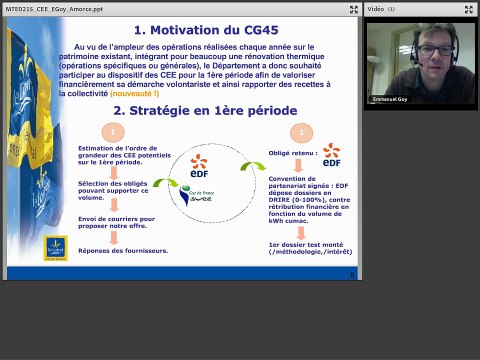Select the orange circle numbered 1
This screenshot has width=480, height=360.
pyautogui.click(x=115, y=133)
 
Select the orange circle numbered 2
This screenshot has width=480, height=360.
pyautogui.click(x=299, y=133)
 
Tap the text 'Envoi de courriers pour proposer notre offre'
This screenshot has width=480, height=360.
pyautogui.click(x=115, y=222)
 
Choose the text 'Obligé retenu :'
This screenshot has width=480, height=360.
pyautogui.click(x=290, y=154)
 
